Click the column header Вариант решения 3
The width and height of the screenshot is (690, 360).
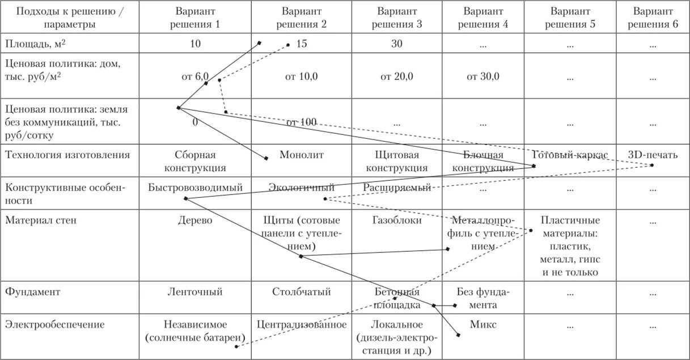[x=396, y=17]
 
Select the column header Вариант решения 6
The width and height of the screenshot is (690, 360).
[x=653, y=17]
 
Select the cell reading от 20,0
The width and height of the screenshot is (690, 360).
[x=396, y=77]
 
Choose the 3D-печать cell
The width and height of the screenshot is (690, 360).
[x=653, y=155]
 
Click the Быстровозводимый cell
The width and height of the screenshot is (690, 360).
[x=195, y=187]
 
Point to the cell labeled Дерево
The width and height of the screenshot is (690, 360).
[x=195, y=221]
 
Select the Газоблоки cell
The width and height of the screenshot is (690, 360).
[x=396, y=221]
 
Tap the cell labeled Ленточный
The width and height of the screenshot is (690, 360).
[x=195, y=292]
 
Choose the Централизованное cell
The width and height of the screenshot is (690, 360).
[x=301, y=325]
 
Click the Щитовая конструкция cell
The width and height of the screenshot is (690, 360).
[x=396, y=161]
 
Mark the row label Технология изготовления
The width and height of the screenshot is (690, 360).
[x=67, y=155]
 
